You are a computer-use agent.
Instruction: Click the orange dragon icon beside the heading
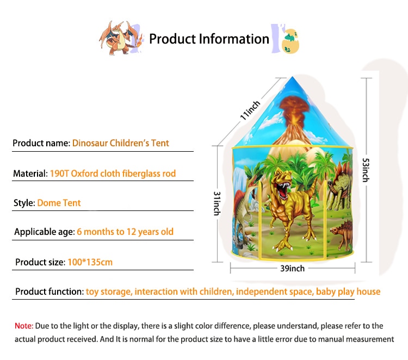(121, 38)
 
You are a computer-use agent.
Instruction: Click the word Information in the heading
(234, 39)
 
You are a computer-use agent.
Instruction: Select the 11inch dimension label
(250, 110)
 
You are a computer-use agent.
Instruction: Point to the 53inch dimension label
(366, 170)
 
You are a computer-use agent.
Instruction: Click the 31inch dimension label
(217, 203)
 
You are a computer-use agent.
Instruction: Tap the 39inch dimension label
(292, 269)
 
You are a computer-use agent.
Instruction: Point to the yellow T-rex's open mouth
(283, 190)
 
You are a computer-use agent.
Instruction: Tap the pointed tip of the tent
(292, 77)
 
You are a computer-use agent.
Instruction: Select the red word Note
(24, 326)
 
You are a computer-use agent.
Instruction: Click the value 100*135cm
(90, 262)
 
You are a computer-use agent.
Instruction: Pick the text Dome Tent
(59, 203)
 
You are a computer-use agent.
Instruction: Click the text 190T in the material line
(59, 173)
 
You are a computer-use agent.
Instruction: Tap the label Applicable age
(45, 232)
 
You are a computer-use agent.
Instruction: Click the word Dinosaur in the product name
(90, 143)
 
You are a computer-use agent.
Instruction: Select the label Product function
(50, 291)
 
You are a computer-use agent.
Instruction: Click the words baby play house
(348, 292)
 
